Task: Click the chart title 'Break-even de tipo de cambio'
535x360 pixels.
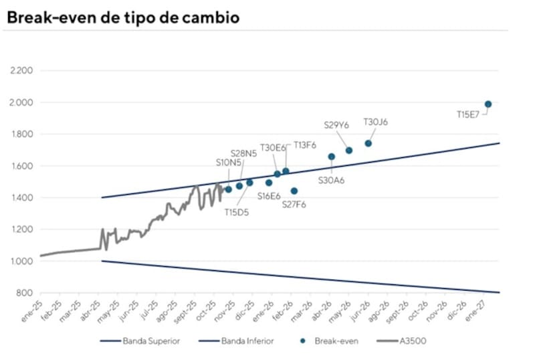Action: [122, 18]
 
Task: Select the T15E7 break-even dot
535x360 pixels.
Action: [488, 104]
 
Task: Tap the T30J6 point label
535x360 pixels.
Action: [375, 122]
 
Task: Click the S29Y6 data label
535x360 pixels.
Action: [337, 125]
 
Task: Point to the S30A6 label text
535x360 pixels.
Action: [331, 179]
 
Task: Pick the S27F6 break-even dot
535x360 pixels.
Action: [294, 191]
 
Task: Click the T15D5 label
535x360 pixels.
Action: [237, 212]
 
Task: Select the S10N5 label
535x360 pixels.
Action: [229, 162]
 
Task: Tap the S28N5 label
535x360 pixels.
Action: [243, 153]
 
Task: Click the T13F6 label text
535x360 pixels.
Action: [305, 145]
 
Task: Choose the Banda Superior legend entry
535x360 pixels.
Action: [151, 341]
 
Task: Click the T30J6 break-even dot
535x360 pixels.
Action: [368, 143]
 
